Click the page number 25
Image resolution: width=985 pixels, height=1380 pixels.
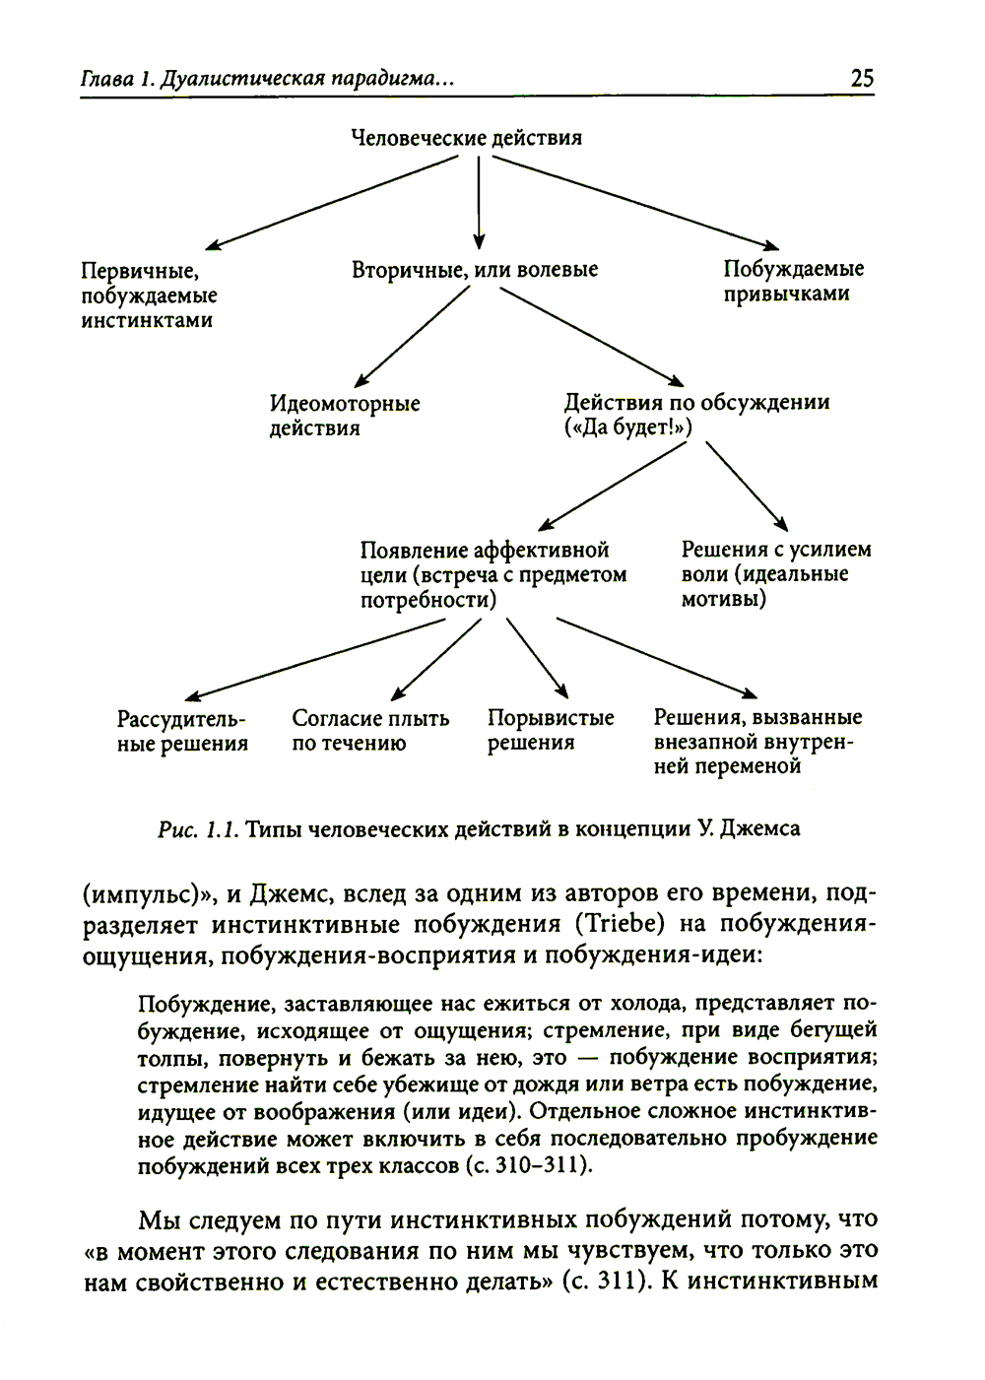861,79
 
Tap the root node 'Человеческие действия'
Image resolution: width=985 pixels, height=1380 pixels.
467,138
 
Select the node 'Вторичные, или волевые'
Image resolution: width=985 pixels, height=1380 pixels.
475,269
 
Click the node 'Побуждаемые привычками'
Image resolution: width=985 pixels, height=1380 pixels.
793,281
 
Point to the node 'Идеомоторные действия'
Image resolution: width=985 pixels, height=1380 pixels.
345,416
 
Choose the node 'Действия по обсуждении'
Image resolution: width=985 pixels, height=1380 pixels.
696,415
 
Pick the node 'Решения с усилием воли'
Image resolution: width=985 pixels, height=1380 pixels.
776,573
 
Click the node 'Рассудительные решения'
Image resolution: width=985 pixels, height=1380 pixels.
182,732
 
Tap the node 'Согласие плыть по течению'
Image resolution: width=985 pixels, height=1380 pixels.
370,731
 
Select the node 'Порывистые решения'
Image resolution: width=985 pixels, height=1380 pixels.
550,730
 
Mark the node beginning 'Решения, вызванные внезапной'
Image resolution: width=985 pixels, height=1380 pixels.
756,742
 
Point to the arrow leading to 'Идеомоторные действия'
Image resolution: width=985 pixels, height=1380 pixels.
411,336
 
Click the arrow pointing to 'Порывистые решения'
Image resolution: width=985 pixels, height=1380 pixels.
536,657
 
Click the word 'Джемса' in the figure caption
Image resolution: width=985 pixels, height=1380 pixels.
759,829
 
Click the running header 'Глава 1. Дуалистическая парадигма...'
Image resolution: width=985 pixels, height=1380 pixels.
267,79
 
